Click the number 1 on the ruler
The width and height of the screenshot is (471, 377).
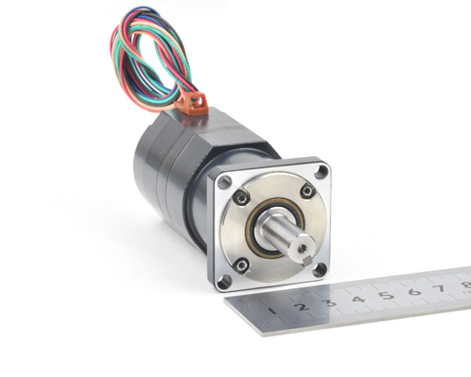272,310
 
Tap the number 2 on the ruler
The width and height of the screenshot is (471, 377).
301,307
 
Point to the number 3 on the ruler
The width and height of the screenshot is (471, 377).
330,302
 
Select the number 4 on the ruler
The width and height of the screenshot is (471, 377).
358,298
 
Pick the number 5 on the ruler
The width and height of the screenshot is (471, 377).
386,295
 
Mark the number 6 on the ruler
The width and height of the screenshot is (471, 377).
415,291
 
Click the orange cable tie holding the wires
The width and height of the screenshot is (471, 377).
191,103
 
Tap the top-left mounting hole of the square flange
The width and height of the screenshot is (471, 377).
224,182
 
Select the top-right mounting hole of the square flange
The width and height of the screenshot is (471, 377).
321,172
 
